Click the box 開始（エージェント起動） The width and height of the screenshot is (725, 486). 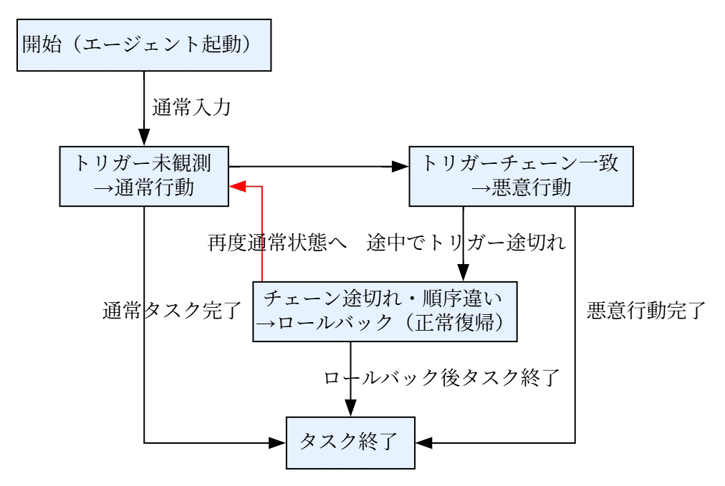pos(144,45)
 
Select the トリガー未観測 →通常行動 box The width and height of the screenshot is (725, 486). pos(144,176)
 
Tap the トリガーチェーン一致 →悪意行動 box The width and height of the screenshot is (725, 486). pos(521,176)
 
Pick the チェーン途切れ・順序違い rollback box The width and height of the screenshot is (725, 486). pos(385,311)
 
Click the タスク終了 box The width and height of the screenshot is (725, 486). pos(350,442)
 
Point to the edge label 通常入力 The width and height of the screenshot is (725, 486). pos(191,108)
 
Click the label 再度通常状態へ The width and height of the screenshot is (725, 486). pos(278,243)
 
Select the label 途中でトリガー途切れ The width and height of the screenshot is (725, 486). pos(466,243)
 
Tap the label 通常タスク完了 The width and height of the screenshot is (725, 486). pos(171,311)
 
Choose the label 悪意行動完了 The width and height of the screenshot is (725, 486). pos(646,311)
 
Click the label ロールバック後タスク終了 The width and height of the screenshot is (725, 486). pos(441,377)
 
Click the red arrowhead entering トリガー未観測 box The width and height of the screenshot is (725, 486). pos(237,186)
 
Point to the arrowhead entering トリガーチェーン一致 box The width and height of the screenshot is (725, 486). pos(400,167)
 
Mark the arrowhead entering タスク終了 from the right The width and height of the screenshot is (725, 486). pos(423,442)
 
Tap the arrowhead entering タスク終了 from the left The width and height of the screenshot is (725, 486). pos(278,442)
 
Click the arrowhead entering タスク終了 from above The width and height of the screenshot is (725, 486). pos(350,409)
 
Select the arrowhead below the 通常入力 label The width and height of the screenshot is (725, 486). pos(144,138)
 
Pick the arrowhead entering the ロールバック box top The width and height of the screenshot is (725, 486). pos(463,273)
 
